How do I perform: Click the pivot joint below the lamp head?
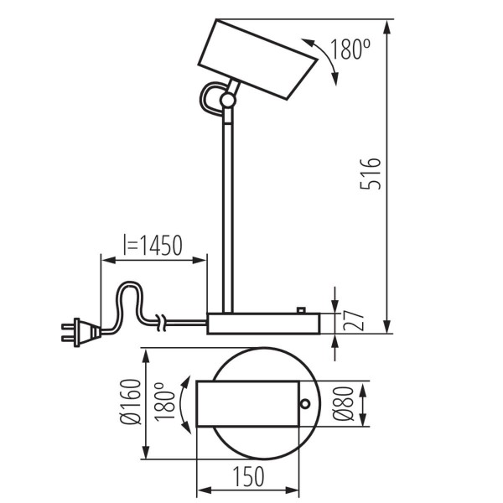pos(226,101)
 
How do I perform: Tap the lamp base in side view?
pos(263,324)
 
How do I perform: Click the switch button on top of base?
pos(300,310)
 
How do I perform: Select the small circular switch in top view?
pos(305,404)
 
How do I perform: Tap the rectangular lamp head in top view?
pos(247,404)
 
